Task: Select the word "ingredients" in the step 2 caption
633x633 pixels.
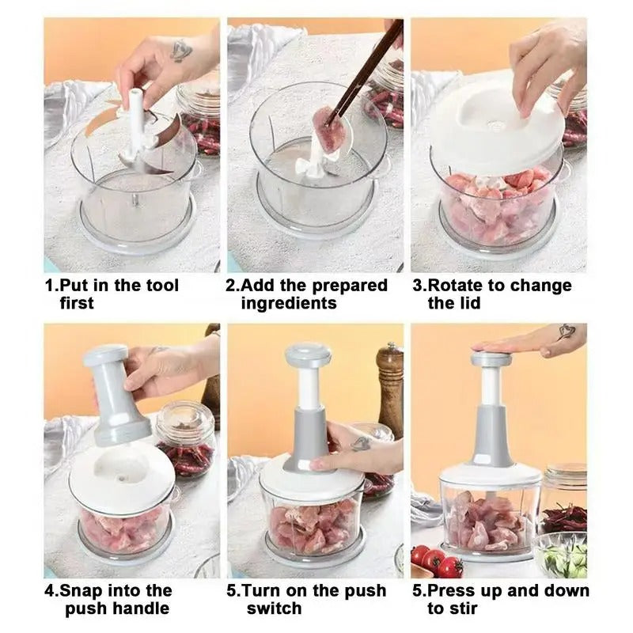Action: pos(289,304)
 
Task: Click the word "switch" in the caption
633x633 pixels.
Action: pos(274,608)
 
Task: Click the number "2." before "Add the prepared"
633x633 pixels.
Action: pos(233,286)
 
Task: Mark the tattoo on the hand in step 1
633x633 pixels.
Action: pos(181,51)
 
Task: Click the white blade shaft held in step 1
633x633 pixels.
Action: pos(137,119)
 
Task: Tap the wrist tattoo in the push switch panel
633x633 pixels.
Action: pos(361,444)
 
